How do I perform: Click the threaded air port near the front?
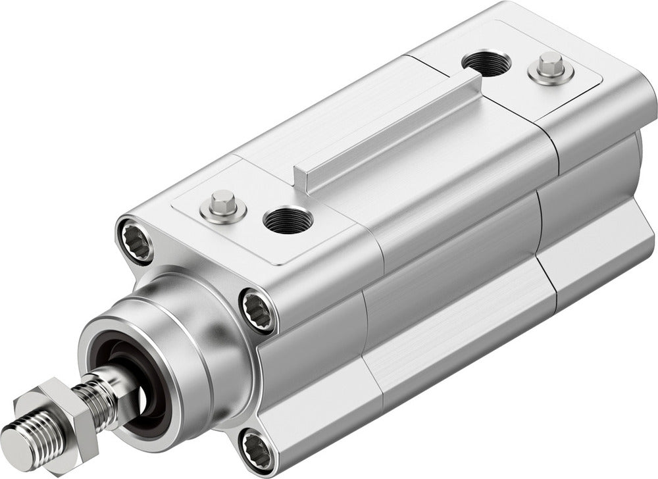click(288, 220)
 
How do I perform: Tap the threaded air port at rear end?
click(486, 63)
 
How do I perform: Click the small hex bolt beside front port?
click(222, 207)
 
